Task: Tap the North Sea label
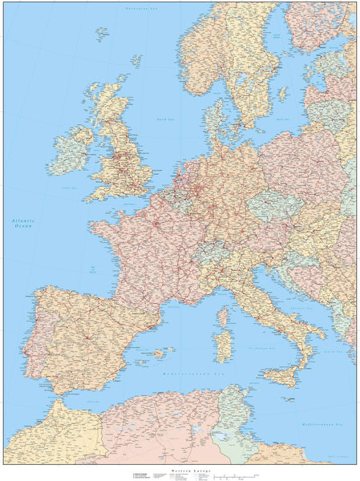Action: (x=166, y=119)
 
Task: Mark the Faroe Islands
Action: (x=102, y=34)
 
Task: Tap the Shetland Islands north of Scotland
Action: (x=136, y=59)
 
